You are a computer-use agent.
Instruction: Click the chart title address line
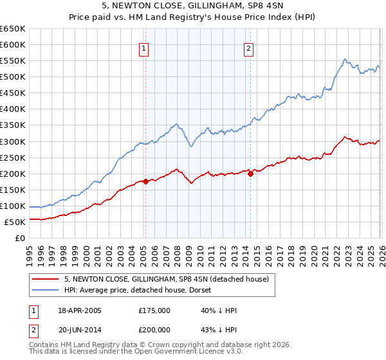pos(192,6)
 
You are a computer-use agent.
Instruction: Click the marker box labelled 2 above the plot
pos(248,48)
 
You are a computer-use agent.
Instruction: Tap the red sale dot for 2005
pos(145,181)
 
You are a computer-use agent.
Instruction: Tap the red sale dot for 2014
pos(250,174)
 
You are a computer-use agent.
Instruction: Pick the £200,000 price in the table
pos(154,328)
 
